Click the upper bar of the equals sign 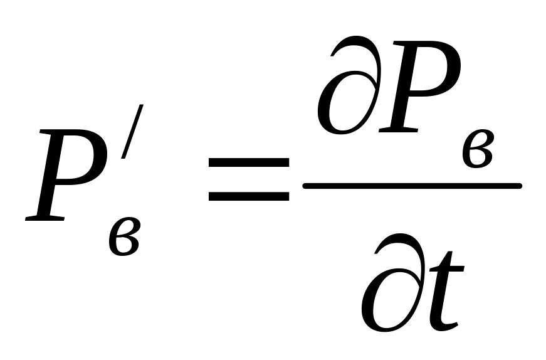tap(248, 162)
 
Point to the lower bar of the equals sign tap(248, 196)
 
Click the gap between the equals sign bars tap(248, 179)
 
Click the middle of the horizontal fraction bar tap(412, 186)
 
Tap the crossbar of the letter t tap(448, 265)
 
